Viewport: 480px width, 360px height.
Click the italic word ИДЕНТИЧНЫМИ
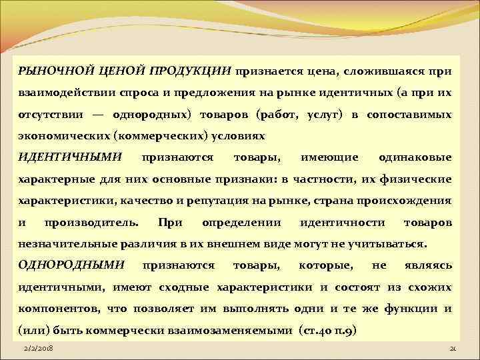[69, 157]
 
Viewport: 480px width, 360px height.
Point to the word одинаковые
[415, 157]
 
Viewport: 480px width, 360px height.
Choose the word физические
[419, 179]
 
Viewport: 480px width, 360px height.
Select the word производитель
[91, 222]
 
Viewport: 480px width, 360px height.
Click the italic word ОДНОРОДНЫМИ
[71, 265]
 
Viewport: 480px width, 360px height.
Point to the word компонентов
[56, 309]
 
